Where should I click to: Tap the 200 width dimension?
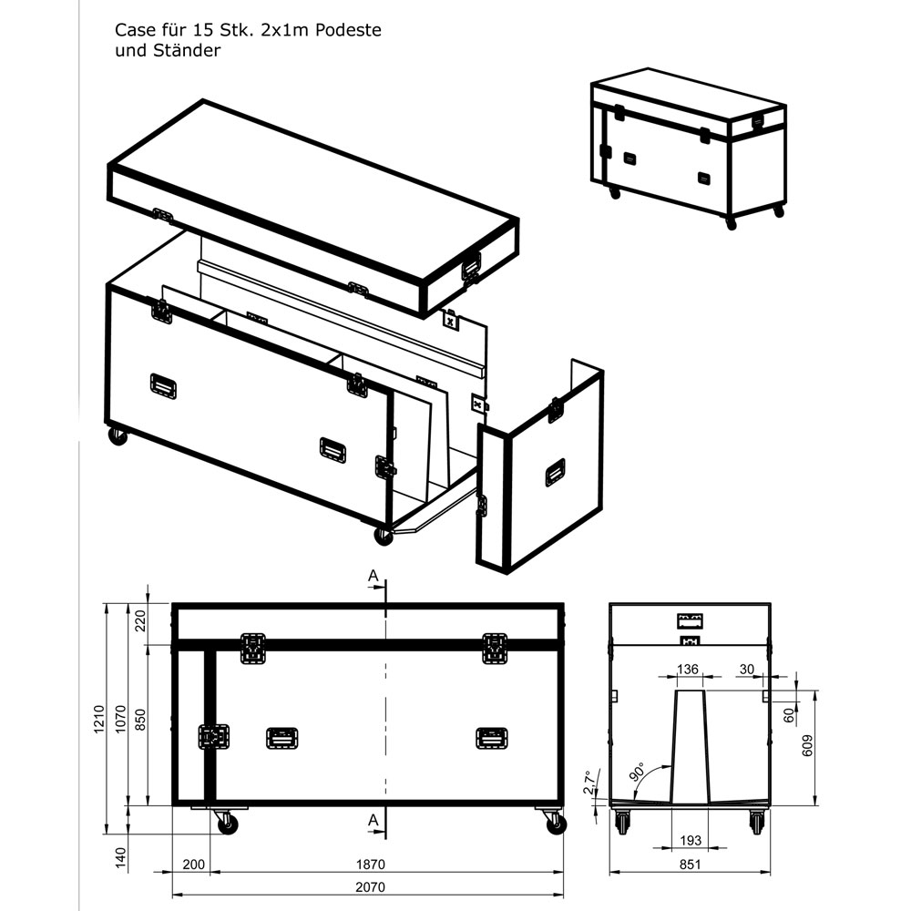[x=192, y=864]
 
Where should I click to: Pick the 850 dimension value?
[x=139, y=721]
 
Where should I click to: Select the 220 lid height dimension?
[x=139, y=622]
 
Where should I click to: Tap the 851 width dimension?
[x=689, y=864]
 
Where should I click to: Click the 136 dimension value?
[x=688, y=670]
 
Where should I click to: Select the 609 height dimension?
[x=806, y=745]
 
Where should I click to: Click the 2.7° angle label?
[x=588, y=782]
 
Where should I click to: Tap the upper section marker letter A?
[x=372, y=575]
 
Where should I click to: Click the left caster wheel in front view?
[x=226, y=824]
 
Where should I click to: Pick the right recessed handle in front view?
[x=491, y=738]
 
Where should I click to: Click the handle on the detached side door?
[x=555, y=472]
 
